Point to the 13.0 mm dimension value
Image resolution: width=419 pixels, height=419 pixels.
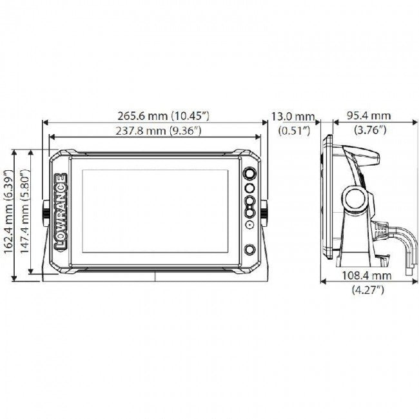[x=292, y=117]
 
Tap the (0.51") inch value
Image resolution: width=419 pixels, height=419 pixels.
[x=294, y=131]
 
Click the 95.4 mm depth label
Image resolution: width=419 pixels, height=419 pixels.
[x=369, y=116]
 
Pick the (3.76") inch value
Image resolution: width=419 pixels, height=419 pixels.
[x=369, y=131]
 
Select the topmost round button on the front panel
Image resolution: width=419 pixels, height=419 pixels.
[x=249, y=174]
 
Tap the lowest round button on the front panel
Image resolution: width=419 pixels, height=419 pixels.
[x=249, y=251]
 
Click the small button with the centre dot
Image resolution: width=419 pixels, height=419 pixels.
[x=249, y=225]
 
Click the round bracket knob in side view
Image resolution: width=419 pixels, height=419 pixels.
[x=354, y=200]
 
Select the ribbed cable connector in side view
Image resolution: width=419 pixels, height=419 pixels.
[x=382, y=226]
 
